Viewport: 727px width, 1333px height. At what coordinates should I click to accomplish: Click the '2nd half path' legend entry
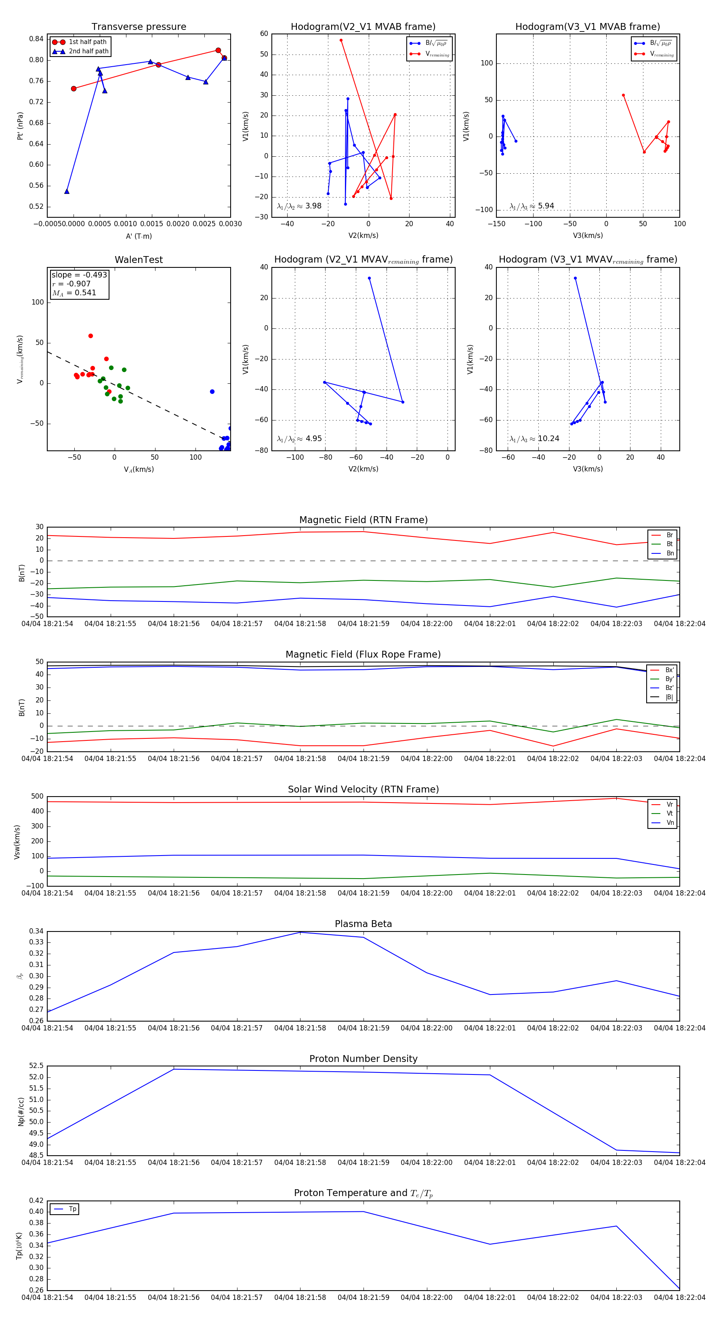pos(88,51)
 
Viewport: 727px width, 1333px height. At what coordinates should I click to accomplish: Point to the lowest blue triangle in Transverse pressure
pos(67,191)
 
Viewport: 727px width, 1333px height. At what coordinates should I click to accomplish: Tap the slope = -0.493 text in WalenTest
pos(79,275)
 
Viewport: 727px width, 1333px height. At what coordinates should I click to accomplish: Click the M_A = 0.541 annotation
pos(74,293)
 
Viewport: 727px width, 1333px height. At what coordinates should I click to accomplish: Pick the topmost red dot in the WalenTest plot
pos(90,336)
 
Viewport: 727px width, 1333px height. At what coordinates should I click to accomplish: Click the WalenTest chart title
pos(139,260)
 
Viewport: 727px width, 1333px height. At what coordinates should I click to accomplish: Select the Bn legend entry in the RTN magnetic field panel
pos(670,553)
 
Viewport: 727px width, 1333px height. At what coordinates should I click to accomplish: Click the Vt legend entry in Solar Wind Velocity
pos(670,814)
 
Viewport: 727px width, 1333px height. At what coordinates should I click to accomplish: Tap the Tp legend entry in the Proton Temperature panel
pos(72,1209)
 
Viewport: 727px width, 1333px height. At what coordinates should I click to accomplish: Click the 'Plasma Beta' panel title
pos(363,924)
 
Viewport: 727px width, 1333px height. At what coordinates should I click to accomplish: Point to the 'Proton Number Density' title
pos(363,1059)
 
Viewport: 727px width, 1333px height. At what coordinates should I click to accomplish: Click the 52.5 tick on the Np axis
pos(36,1066)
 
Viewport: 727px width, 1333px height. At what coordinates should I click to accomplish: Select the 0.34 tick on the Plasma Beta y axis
pos(36,931)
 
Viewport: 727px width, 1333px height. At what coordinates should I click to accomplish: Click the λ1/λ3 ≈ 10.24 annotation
pos(534,439)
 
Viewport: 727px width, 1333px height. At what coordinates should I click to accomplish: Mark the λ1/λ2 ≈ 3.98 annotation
pos(299,206)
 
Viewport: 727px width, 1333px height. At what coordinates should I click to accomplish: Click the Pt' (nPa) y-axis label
pos(20,126)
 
